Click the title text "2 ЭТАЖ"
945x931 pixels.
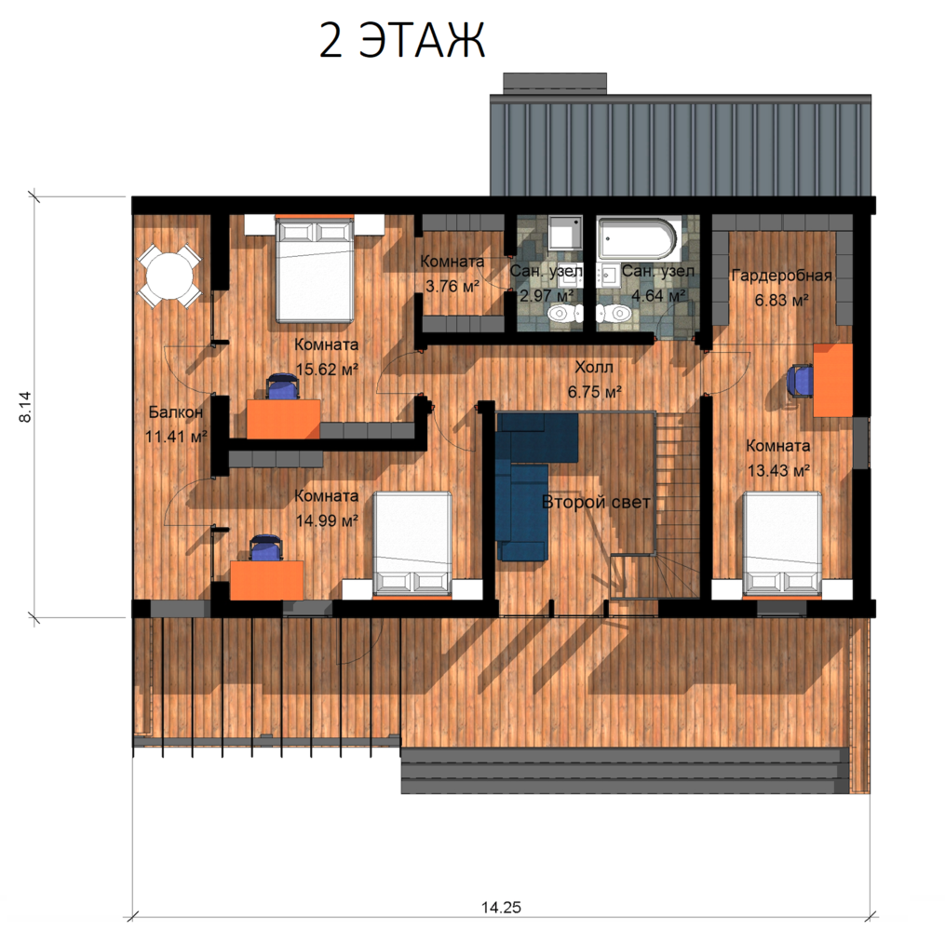(401, 41)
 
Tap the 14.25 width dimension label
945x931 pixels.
(501, 907)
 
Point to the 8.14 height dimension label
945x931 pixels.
(25, 407)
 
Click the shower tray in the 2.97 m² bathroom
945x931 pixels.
(565, 233)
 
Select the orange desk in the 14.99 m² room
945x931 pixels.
(266, 580)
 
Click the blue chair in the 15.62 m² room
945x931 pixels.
(282, 386)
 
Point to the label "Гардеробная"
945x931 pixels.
(781, 276)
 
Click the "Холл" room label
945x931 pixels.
(594, 367)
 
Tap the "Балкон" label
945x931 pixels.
(175, 412)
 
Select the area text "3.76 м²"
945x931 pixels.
(452, 286)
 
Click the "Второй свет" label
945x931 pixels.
(596, 502)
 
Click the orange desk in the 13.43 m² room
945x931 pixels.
(833, 380)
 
